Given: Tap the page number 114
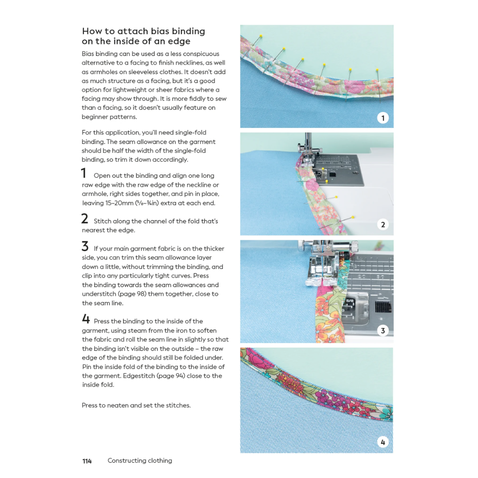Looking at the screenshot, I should pyautogui.click(x=87, y=461).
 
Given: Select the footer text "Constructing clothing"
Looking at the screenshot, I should pyautogui.click(x=140, y=461).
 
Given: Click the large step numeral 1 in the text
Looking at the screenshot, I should pyautogui.click(x=84, y=173).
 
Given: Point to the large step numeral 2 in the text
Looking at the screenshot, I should pyautogui.click(x=85, y=219).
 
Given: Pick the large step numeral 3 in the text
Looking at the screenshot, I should pyautogui.click(x=85, y=247).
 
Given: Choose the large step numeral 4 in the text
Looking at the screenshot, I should pyautogui.click(x=85, y=319).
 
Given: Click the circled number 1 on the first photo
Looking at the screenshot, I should pyautogui.click(x=383, y=118).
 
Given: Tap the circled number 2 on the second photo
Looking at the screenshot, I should pyautogui.click(x=383, y=224).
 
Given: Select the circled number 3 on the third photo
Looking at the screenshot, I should pyautogui.click(x=383, y=331).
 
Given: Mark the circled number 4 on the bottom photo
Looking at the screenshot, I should pyautogui.click(x=383, y=442).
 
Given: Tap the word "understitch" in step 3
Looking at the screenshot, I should pyautogui.click(x=98, y=294).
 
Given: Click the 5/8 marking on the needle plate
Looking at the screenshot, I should pyautogui.click(x=356, y=300).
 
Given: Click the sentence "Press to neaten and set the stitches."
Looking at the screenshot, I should pyautogui.click(x=136, y=405).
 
